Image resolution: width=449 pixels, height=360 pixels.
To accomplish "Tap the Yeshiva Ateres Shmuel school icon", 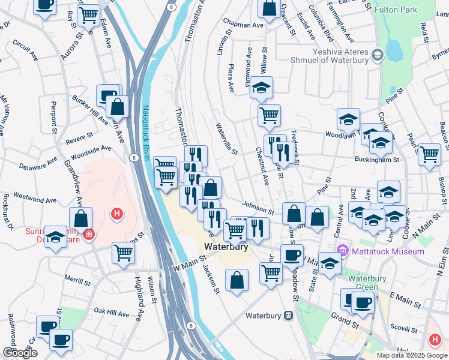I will (378, 56).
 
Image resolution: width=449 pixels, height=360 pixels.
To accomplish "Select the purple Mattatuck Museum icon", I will (343, 250).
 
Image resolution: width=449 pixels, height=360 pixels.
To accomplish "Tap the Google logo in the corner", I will (20, 353).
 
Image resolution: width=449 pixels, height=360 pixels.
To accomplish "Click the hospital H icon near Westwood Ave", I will (118, 213).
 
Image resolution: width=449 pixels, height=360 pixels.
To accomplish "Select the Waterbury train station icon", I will (289, 315).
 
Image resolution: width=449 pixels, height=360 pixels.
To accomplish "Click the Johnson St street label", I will (258, 208).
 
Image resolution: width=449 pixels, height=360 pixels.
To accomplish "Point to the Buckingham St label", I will (378, 160).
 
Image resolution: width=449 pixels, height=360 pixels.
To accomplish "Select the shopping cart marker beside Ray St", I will (89, 16).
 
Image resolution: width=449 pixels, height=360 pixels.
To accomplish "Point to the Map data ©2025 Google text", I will (412, 355).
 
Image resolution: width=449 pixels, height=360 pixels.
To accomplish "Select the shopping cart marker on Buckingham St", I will (429, 155).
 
